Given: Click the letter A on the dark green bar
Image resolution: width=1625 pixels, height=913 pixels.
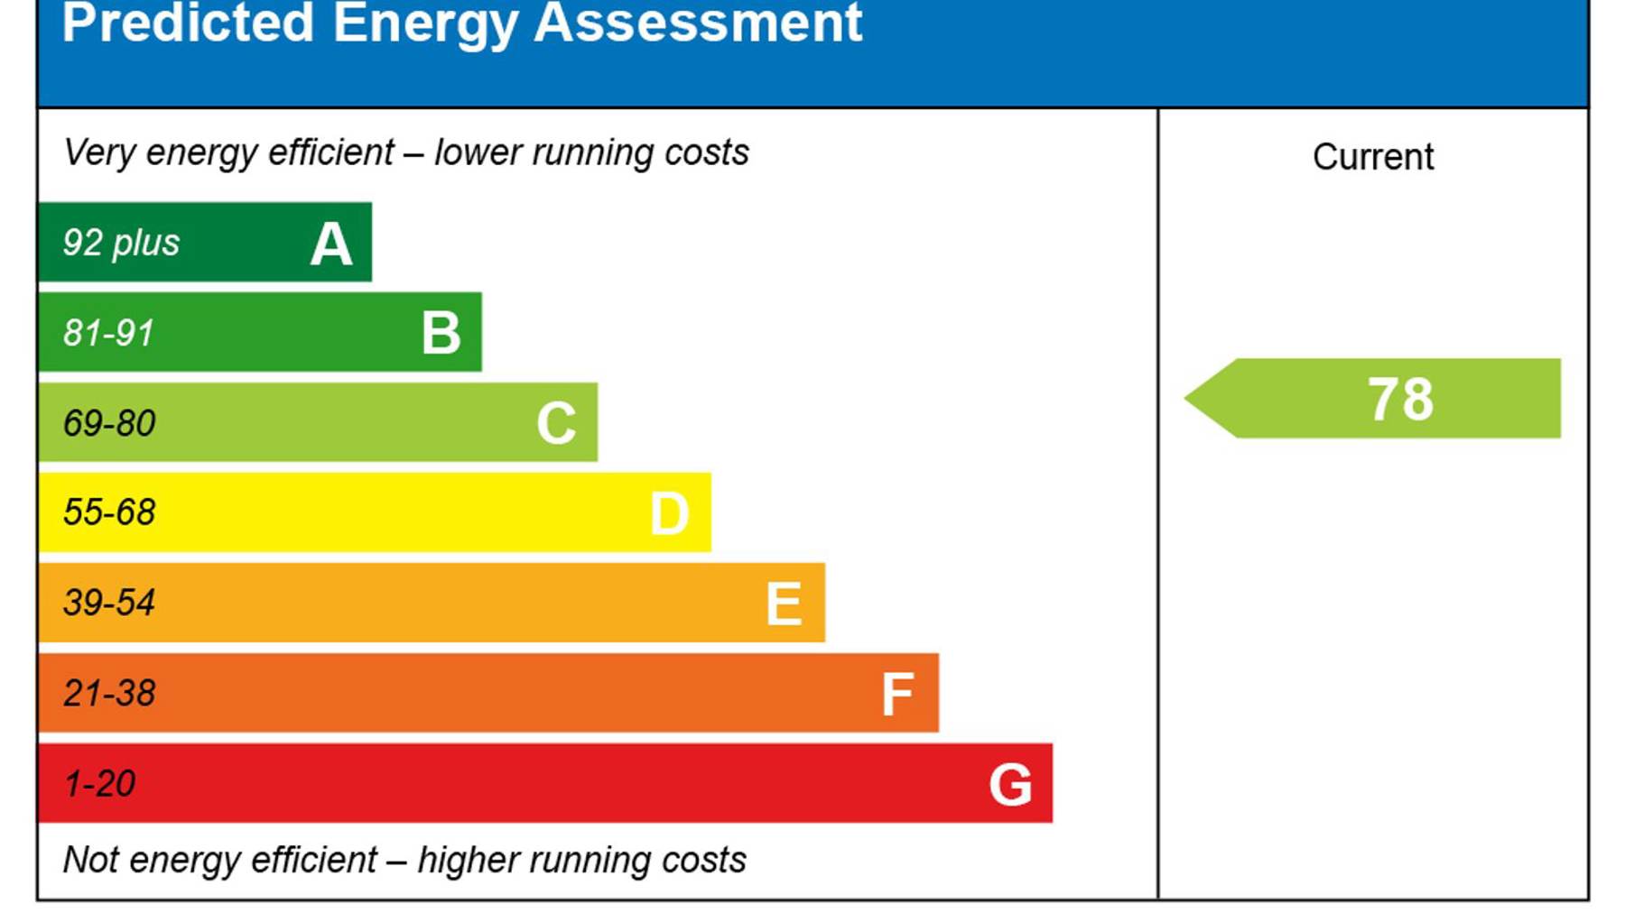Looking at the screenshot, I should (330, 244).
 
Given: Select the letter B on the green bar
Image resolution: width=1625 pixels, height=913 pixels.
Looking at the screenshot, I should (441, 333).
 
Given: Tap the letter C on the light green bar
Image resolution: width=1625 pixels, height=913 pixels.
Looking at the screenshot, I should (556, 423).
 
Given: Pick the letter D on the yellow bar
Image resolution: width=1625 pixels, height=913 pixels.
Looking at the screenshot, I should (669, 514).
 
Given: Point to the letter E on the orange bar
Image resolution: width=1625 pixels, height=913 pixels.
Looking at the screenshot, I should (784, 604).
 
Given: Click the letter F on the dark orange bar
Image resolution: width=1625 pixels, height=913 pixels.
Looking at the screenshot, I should (897, 694).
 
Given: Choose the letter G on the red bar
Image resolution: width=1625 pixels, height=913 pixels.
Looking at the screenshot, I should (1010, 784).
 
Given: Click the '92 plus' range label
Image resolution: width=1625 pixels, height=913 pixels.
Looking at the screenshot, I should (121, 243).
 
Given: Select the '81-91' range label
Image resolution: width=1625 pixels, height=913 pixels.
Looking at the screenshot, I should (108, 333).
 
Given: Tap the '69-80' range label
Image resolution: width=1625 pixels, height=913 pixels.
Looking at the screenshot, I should (109, 423).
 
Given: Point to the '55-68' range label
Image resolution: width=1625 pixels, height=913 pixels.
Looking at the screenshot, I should (109, 512).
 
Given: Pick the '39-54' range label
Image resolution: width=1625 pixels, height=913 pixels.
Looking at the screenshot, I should (109, 603).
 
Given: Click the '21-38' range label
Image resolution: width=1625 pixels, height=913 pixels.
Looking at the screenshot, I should (109, 693).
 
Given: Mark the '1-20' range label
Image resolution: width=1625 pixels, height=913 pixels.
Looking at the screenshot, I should (99, 783).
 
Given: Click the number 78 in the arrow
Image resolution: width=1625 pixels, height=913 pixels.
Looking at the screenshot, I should (1400, 399).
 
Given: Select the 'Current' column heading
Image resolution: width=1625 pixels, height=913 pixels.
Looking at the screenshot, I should (1373, 157).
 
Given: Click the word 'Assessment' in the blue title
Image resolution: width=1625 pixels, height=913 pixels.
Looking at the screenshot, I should (698, 23).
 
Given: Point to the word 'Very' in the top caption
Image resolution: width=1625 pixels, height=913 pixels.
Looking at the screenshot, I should (98, 152).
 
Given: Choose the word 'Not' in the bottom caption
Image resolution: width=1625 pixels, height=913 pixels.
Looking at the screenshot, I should (90, 860).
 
